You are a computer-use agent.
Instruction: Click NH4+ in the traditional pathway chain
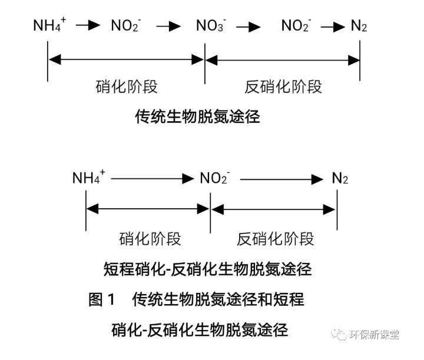click(x=50, y=25)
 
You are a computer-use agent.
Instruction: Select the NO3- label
click(x=211, y=25)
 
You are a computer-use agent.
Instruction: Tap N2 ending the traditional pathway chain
click(x=359, y=26)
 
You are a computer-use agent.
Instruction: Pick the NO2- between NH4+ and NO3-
click(x=126, y=25)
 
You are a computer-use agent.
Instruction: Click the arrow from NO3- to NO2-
click(x=249, y=26)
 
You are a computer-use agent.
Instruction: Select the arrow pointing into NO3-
click(x=168, y=26)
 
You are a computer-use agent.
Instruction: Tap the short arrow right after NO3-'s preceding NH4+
click(x=87, y=26)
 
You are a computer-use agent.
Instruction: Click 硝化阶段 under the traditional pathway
click(x=126, y=86)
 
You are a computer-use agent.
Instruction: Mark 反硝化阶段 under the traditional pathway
click(x=283, y=86)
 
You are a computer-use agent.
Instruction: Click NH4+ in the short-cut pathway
click(x=88, y=178)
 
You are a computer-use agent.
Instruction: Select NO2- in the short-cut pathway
click(x=214, y=178)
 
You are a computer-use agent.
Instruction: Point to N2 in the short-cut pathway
click(x=340, y=178)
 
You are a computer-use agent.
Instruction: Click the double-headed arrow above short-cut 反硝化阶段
click(x=274, y=209)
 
